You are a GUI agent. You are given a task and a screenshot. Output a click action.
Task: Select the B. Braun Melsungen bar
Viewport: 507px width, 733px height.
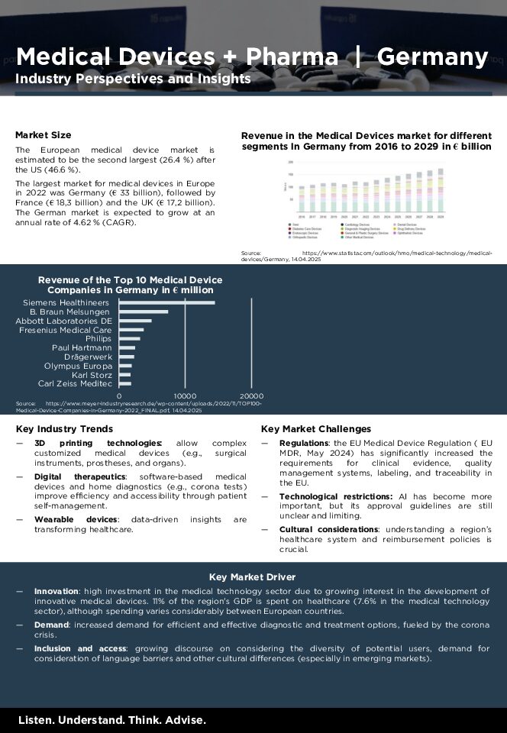(x=144, y=312)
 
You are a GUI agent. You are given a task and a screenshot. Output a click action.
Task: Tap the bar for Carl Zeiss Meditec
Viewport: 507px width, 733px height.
(x=125, y=383)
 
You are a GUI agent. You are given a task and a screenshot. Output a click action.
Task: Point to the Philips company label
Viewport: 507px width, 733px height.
(x=98, y=338)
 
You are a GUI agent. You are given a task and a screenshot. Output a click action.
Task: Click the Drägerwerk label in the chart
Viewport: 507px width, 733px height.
(x=88, y=357)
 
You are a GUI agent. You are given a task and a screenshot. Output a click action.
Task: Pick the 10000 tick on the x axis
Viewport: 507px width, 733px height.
(x=185, y=396)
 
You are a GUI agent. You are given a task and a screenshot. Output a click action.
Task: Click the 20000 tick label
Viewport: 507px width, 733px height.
(x=251, y=396)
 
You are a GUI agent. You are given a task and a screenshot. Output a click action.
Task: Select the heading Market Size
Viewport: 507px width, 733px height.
(x=44, y=135)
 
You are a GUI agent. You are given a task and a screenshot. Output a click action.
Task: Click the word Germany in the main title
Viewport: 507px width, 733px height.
(x=432, y=57)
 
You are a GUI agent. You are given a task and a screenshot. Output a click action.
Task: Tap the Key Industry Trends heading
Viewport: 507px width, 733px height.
(x=64, y=429)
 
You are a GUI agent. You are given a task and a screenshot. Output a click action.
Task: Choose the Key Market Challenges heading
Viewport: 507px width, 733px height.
(x=316, y=429)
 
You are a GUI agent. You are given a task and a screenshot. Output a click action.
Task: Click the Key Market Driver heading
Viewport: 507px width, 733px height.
(x=252, y=577)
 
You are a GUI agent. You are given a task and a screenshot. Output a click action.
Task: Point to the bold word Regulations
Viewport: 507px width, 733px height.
(x=302, y=444)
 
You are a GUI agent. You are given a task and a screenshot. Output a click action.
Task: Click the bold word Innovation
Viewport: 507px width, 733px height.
(x=56, y=592)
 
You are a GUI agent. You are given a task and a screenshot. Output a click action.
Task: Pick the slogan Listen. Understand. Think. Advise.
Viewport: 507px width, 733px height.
(x=111, y=720)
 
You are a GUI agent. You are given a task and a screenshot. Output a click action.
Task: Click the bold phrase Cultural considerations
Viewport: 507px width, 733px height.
(x=328, y=530)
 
